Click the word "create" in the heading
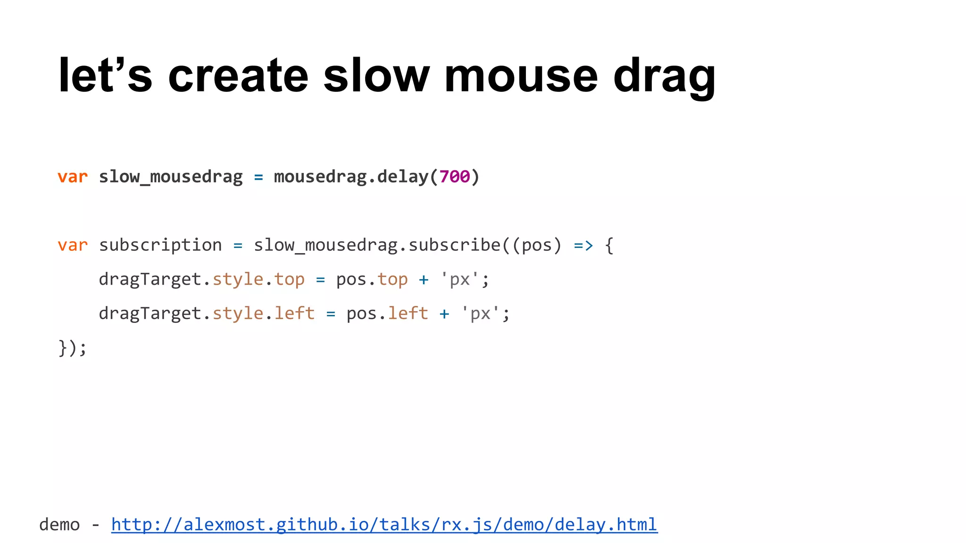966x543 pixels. click(238, 75)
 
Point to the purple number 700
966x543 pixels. click(454, 177)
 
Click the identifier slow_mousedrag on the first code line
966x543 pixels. click(170, 177)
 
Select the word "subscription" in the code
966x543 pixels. click(160, 245)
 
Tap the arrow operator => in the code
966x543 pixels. click(583, 246)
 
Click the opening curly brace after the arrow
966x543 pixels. click(609, 246)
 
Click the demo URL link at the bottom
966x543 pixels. click(384, 525)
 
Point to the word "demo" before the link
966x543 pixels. click(59, 525)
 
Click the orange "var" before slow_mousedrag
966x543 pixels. click(73, 177)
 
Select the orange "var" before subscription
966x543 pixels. click(73, 246)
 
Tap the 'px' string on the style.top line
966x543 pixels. click(459, 280)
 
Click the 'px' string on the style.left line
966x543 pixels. click(480, 313)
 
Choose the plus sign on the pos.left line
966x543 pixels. click(444, 314)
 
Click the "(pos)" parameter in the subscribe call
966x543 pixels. click(537, 246)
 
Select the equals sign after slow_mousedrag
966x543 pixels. click(258, 177)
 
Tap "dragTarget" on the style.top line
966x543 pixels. click(150, 280)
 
